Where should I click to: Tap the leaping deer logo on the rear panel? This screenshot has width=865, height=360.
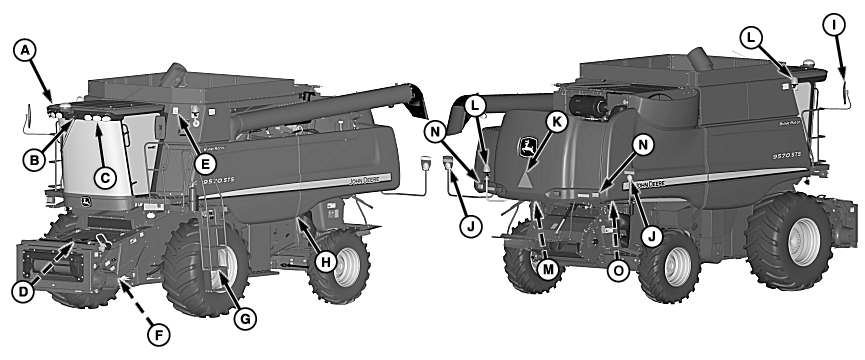526,148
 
